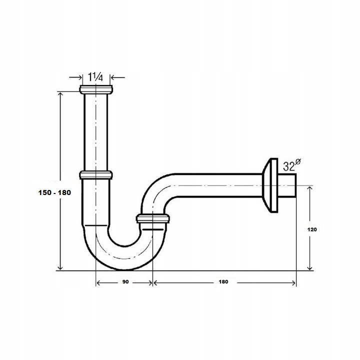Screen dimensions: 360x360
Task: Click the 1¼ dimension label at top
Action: click(x=95, y=77)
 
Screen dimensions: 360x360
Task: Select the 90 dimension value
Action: click(x=125, y=282)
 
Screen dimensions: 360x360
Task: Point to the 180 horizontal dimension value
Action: click(x=223, y=282)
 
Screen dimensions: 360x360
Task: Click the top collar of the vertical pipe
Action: click(x=96, y=90)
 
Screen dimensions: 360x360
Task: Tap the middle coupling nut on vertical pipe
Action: click(x=96, y=175)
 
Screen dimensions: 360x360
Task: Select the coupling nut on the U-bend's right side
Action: click(x=152, y=218)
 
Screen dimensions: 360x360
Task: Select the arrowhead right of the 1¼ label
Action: click(x=113, y=77)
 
